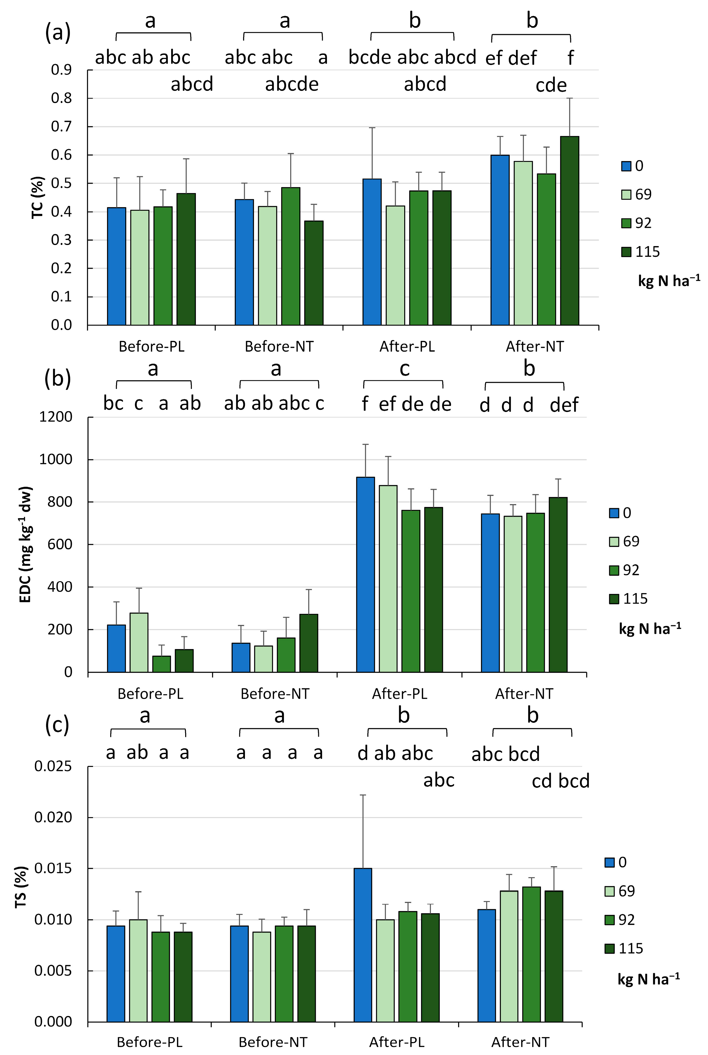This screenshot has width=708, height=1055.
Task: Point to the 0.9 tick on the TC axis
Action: point(61,70)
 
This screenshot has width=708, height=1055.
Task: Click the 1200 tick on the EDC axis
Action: point(55,417)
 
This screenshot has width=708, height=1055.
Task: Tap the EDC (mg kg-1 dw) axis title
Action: point(26,544)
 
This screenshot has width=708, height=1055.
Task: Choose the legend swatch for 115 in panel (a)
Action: point(626,252)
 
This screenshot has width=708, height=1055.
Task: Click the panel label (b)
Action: point(58,378)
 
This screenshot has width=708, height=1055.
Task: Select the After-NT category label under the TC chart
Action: point(535,347)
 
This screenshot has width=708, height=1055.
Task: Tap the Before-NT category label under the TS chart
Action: point(273,1042)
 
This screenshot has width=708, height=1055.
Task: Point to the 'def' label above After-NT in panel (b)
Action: point(564,405)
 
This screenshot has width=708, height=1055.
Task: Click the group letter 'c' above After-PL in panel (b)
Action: point(404,369)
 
